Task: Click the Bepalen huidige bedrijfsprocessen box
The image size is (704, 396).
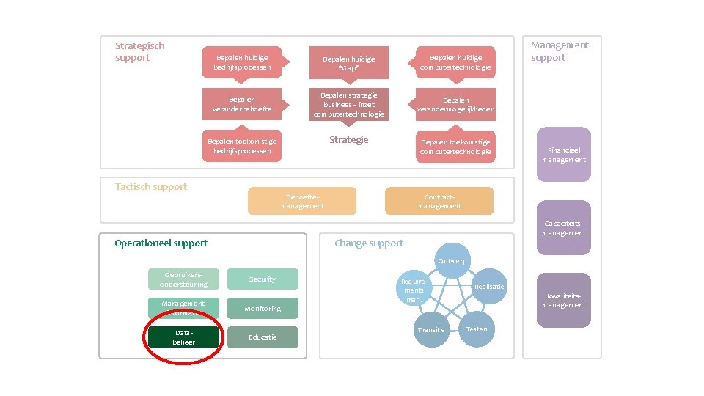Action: tap(242, 62)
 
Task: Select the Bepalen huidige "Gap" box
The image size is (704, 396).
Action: tap(349, 64)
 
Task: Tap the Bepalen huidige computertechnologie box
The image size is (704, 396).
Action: tap(455, 62)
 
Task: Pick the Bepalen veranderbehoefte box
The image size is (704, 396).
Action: tap(242, 104)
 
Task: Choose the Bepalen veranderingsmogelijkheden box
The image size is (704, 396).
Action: tap(455, 104)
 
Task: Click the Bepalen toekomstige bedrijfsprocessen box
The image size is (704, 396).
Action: tap(242, 145)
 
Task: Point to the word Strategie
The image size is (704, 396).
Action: tap(349, 140)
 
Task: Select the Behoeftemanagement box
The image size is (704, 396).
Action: tap(302, 201)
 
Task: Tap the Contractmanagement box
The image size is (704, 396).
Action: tap(439, 201)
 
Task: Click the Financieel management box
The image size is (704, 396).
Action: tap(563, 154)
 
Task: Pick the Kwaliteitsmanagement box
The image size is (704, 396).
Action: tap(563, 300)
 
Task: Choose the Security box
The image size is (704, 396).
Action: tap(263, 279)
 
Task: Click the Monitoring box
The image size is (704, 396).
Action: tap(263, 309)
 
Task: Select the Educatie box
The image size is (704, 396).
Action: tap(263, 337)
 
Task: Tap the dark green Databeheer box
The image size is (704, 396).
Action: tap(183, 337)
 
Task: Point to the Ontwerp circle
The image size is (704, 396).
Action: tap(452, 261)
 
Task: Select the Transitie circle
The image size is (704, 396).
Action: tap(431, 329)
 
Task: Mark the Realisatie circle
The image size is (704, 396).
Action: tap(488, 286)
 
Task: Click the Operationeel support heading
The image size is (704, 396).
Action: tap(161, 243)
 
